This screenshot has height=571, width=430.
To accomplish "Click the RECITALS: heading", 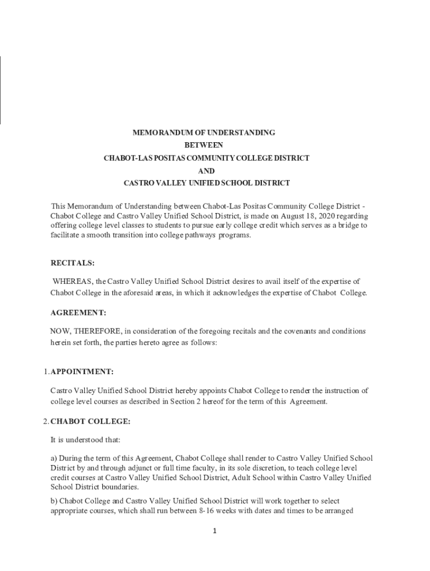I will [x=73, y=263].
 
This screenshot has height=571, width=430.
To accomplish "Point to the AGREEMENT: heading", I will [x=78, y=313].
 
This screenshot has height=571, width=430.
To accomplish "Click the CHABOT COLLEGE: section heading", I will [x=90, y=421].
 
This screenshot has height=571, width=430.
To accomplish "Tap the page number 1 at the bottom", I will [x=214, y=531].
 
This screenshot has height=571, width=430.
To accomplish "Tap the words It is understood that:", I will [x=81, y=440].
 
